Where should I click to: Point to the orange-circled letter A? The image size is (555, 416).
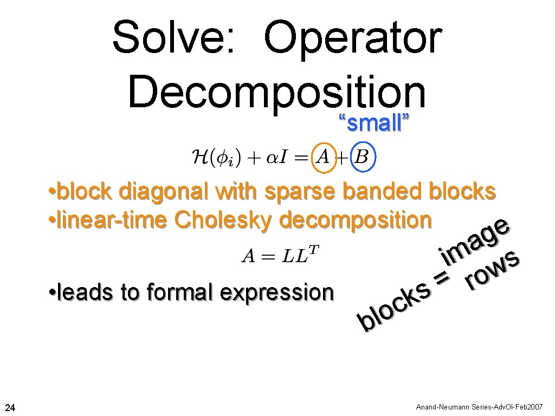(324, 157)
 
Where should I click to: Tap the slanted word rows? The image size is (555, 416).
(494, 271)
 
